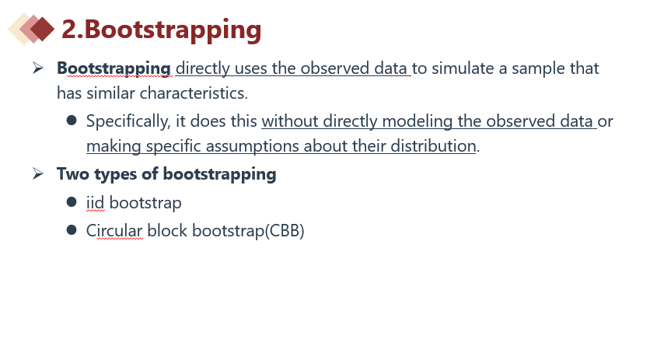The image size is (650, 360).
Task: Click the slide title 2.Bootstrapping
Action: (x=161, y=30)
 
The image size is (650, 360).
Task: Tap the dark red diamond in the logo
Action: (x=42, y=29)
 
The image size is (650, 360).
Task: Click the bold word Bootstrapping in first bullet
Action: (x=114, y=69)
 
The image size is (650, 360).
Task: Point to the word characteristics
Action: (x=194, y=93)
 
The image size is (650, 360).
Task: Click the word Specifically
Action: (x=128, y=122)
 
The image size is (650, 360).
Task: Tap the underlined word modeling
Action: (x=417, y=122)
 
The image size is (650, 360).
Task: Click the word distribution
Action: (x=433, y=146)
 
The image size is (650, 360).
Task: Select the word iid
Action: (x=96, y=203)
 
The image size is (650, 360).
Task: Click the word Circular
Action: (x=114, y=231)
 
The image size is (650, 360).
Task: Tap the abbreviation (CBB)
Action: (x=285, y=231)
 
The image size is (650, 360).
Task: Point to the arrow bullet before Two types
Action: (x=38, y=173)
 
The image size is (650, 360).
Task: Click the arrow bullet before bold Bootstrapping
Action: (x=38, y=68)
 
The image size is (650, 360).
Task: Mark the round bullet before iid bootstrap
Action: (x=72, y=202)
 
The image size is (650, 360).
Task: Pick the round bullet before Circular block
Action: (x=72, y=230)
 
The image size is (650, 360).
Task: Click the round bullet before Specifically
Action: (x=72, y=121)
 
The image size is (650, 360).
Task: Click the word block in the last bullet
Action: (x=167, y=231)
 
